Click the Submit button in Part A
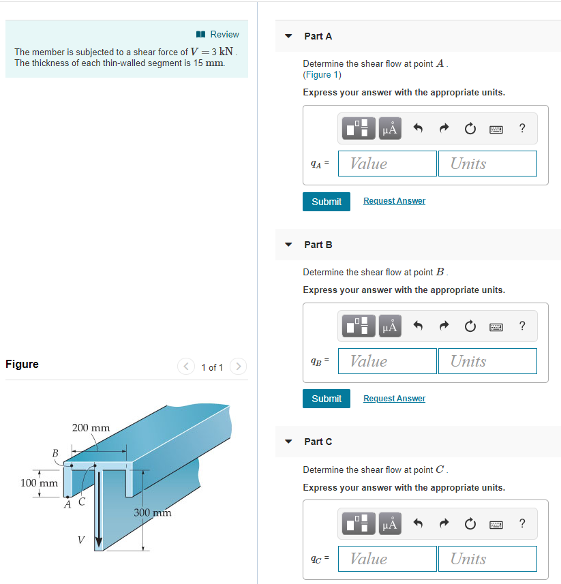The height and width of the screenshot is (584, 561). click(x=327, y=202)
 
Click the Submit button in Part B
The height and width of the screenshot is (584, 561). click(x=327, y=399)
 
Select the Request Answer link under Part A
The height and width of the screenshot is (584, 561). click(x=394, y=201)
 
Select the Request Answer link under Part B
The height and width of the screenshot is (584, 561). click(x=394, y=399)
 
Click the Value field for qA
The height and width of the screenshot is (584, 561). click(x=387, y=164)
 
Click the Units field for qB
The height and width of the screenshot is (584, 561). click(x=487, y=361)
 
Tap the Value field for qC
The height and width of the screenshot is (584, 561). click(x=387, y=559)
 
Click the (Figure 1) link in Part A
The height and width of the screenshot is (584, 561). click(x=322, y=75)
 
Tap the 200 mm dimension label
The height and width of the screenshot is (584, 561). click(x=91, y=428)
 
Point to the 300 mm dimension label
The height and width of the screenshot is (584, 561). click(x=152, y=512)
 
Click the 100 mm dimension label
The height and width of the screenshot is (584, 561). click(x=39, y=483)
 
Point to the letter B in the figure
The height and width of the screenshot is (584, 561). click(x=55, y=452)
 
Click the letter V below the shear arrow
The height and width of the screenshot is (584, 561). click(x=80, y=540)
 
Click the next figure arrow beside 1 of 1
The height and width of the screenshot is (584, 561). click(x=238, y=367)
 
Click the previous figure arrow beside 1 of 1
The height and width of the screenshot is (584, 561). click(x=186, y=367)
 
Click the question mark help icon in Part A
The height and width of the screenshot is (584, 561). click(x=522, y=128)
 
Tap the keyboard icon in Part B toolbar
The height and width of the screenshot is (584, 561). click(x=496, y=326)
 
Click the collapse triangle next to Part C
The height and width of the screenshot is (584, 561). click(x=289, y=442)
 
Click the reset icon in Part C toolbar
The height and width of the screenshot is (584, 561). click(x=470, y=523)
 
